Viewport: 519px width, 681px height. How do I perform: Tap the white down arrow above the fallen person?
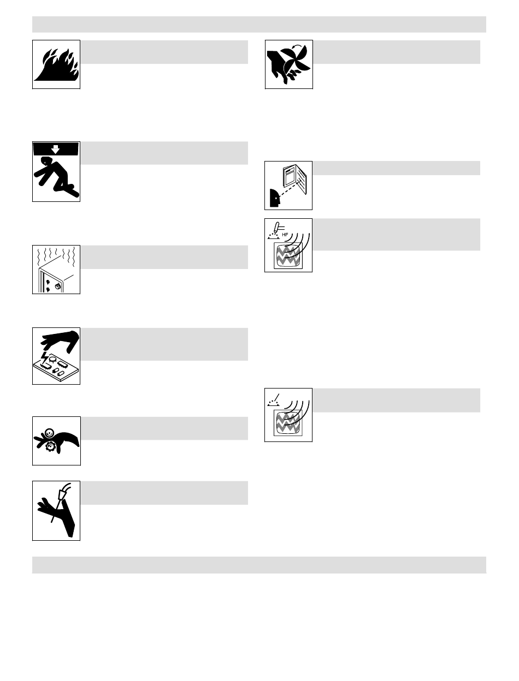point(56,149)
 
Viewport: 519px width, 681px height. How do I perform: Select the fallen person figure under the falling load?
point(56,176)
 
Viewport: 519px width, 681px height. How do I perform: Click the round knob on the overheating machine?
point(57,286)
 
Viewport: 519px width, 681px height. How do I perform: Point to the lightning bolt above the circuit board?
point(45,358)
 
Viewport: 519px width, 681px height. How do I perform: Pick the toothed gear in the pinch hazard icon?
point(50,446)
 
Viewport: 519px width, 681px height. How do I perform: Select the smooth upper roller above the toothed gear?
point(49,433)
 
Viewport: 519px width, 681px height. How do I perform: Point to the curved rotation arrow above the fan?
point(297,46)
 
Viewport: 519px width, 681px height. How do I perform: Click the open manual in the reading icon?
point(294,179)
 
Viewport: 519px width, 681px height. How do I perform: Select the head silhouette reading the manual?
point(275,198)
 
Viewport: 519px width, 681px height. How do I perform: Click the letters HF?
point(285,235)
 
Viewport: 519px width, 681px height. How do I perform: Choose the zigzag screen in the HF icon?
point(288,255)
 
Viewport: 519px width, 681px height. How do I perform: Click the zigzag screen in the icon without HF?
point(288,422)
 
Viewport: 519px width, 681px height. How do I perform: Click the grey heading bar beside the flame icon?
point(164,52)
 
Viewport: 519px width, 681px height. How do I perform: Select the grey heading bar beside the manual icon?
point(396,168)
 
